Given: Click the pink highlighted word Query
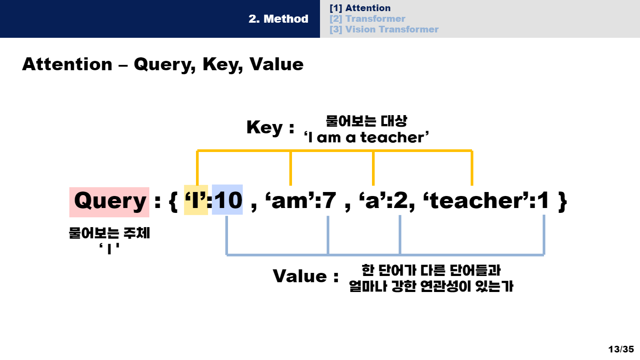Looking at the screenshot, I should coord(109,201).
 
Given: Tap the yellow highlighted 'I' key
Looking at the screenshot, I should coord(196,201).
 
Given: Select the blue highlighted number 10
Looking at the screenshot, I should coord(227,201).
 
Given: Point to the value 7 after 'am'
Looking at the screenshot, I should coord(329,201).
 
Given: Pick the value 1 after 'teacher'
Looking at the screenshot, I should coord(543,201).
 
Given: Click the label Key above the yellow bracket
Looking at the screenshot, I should coord(264,128).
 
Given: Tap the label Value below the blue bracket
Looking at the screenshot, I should coord(300,276).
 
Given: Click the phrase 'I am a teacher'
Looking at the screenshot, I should coord(366,138).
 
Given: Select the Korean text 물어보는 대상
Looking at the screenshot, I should coord(366,121).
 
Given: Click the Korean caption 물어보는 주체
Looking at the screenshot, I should coord(109,234).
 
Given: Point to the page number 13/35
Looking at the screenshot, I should coord(621,349).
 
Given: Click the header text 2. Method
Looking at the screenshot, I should coord(278,19).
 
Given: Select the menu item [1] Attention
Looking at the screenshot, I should coord(360,8).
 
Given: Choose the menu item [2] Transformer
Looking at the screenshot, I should coord(367,19).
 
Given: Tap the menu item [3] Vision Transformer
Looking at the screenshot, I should coord(384,29).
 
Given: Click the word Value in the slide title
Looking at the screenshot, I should coord(276,64).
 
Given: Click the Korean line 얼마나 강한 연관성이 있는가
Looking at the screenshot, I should coord(431,287).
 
